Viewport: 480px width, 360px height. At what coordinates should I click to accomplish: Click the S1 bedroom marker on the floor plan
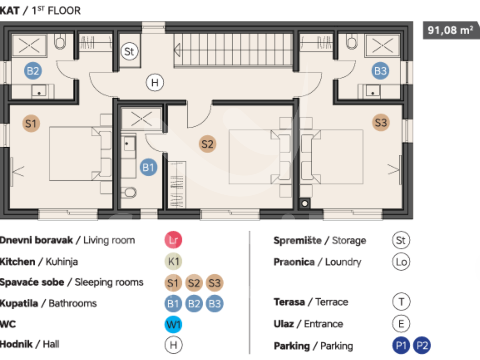(x=31, y=124)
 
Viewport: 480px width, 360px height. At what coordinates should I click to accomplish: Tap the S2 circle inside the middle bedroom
(x=207, y=144)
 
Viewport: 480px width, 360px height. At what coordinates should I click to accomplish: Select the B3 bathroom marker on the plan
(x=380, y=71)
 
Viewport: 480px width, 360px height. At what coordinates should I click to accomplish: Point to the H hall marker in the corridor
(x=155, y=83)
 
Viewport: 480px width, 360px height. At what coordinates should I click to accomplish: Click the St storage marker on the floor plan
(x=130, y=51)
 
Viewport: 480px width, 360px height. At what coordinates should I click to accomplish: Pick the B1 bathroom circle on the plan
(x=148, y=168)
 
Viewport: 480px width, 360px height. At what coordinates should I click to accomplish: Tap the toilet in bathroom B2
(x=60, y=41)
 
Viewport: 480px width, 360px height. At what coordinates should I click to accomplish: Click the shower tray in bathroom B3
(x=382, y=46)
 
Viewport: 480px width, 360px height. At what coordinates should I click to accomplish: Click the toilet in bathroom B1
(x=129, y=192)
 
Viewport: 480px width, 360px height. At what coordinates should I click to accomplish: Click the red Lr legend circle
(x=173, y=240)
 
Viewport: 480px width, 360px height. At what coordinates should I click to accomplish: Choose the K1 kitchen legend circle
(x=173, y=262)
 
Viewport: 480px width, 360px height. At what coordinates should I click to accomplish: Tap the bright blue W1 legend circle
(x=173, y=324)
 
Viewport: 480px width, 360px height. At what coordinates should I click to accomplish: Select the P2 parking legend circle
(x=422, y=346)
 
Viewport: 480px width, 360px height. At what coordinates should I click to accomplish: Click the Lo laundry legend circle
(x=401, y=262)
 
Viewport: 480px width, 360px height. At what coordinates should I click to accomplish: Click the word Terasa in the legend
(x=289, y=302)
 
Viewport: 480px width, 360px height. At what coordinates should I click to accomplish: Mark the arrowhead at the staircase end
(x=177, y=50)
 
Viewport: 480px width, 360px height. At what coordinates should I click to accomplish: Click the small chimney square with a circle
(x=305, y=204)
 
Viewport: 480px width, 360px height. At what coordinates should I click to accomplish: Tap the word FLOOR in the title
(x=64, y=10)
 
